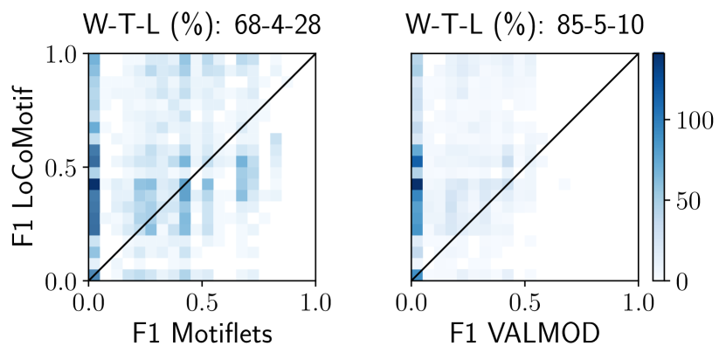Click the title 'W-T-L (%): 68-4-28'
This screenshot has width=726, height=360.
pos(202,24)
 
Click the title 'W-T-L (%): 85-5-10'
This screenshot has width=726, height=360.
pos(524,24)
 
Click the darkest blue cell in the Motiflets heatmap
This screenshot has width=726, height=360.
pos(94,184)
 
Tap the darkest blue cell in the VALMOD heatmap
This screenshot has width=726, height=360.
pos(417,184)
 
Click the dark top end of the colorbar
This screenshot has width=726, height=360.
pos(658,57)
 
